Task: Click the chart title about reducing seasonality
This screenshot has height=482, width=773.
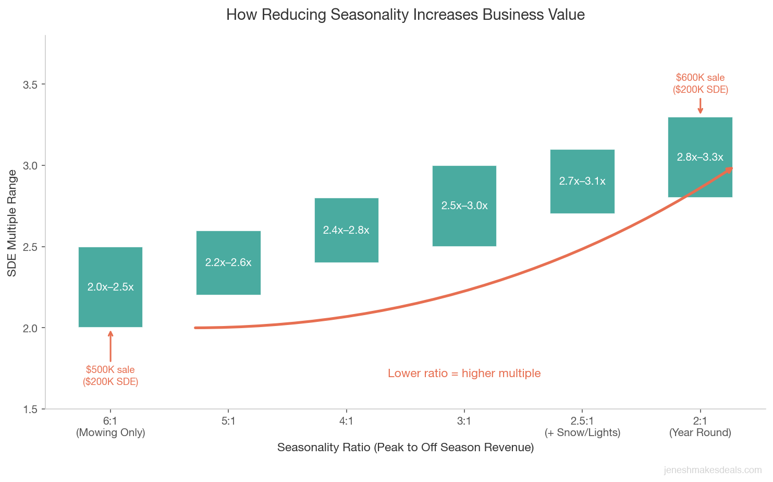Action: (x=405, y=15)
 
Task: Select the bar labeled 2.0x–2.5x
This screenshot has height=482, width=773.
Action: (x=110, y=287)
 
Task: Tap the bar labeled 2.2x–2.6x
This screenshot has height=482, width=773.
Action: (x=228, y=262)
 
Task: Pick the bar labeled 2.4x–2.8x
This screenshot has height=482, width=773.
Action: (x=346, y=230)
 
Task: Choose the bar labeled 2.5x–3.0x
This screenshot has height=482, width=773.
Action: (x=464, y=206)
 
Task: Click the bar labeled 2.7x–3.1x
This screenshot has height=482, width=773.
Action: (x=582, y=181)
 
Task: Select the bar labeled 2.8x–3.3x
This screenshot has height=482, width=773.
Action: (x=700, y=157)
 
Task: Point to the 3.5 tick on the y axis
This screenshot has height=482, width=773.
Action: (x=32, y=85)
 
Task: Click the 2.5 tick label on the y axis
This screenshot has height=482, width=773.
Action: (x=32, y=247)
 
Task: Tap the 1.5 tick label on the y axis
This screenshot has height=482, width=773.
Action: (x=32, y=409)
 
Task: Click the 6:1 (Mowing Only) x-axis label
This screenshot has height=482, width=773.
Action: (x=111, y=427)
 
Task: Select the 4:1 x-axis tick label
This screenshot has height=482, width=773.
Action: (x=346, y=421)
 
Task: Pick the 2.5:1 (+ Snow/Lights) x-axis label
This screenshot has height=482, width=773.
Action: (x=582, y=427)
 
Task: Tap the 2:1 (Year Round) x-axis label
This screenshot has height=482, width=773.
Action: (x=700, y=427)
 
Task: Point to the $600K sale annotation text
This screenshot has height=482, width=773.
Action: (x=700, y=83)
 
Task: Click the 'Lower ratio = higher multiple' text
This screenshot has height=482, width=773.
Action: (x=464, y=373)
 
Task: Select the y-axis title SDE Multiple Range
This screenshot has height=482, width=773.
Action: (x=12, y=223)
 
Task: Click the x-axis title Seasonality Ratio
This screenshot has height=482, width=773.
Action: (x=405, y=448)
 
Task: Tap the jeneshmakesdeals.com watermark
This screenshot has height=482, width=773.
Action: (x=713, y=471)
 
